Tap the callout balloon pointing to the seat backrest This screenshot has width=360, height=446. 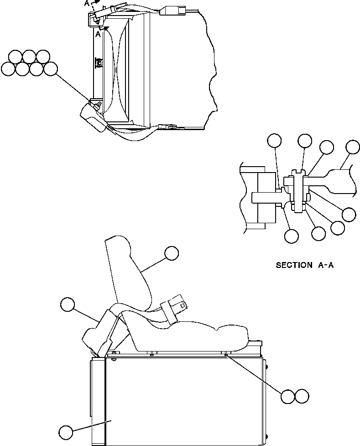pos(172,253)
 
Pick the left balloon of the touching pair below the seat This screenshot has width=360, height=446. pos(288,396)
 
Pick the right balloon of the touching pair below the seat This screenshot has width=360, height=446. pos(302,396)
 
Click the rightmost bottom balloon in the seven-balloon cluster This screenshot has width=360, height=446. pos(51,69)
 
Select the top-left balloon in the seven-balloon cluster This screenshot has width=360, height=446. pos(15,57)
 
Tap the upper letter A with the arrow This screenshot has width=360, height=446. pos(87,4)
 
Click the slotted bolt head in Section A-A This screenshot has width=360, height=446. pos(297,173)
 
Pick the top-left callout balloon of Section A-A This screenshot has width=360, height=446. pos(274,141)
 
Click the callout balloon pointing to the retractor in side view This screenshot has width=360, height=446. pos(68,304)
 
